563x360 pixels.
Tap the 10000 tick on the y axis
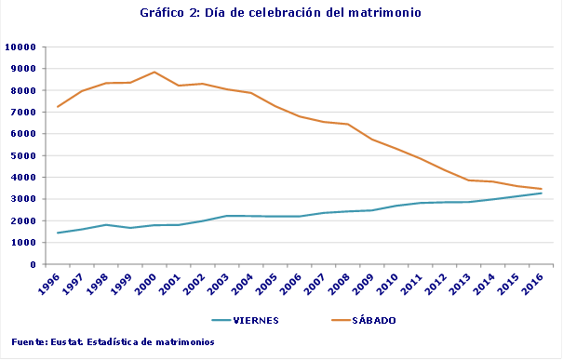click(20, 47)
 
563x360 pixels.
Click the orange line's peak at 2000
click(154, 72)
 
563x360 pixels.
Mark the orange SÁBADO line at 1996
click(58, 107)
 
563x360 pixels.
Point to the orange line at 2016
click(542, 189)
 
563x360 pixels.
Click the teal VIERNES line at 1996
click(58, 233)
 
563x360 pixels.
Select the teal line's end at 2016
click(542, 193)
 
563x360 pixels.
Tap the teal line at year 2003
click(227, 216)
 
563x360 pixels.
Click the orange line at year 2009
click(372, 140)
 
